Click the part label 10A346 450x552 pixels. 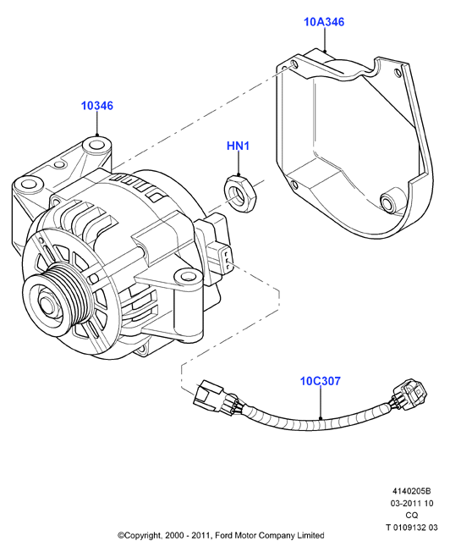324,22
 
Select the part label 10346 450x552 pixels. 97,106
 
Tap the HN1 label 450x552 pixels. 239,146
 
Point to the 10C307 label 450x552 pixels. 321,381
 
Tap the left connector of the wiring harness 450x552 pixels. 216,398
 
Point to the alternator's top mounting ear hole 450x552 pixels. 96,145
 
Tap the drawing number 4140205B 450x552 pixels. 412,491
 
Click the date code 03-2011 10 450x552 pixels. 412,504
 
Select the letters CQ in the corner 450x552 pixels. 412,516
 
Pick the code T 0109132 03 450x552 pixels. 412,527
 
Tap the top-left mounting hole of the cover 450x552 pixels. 294,64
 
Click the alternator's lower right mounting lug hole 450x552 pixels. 185,275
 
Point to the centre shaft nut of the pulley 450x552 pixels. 46,303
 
